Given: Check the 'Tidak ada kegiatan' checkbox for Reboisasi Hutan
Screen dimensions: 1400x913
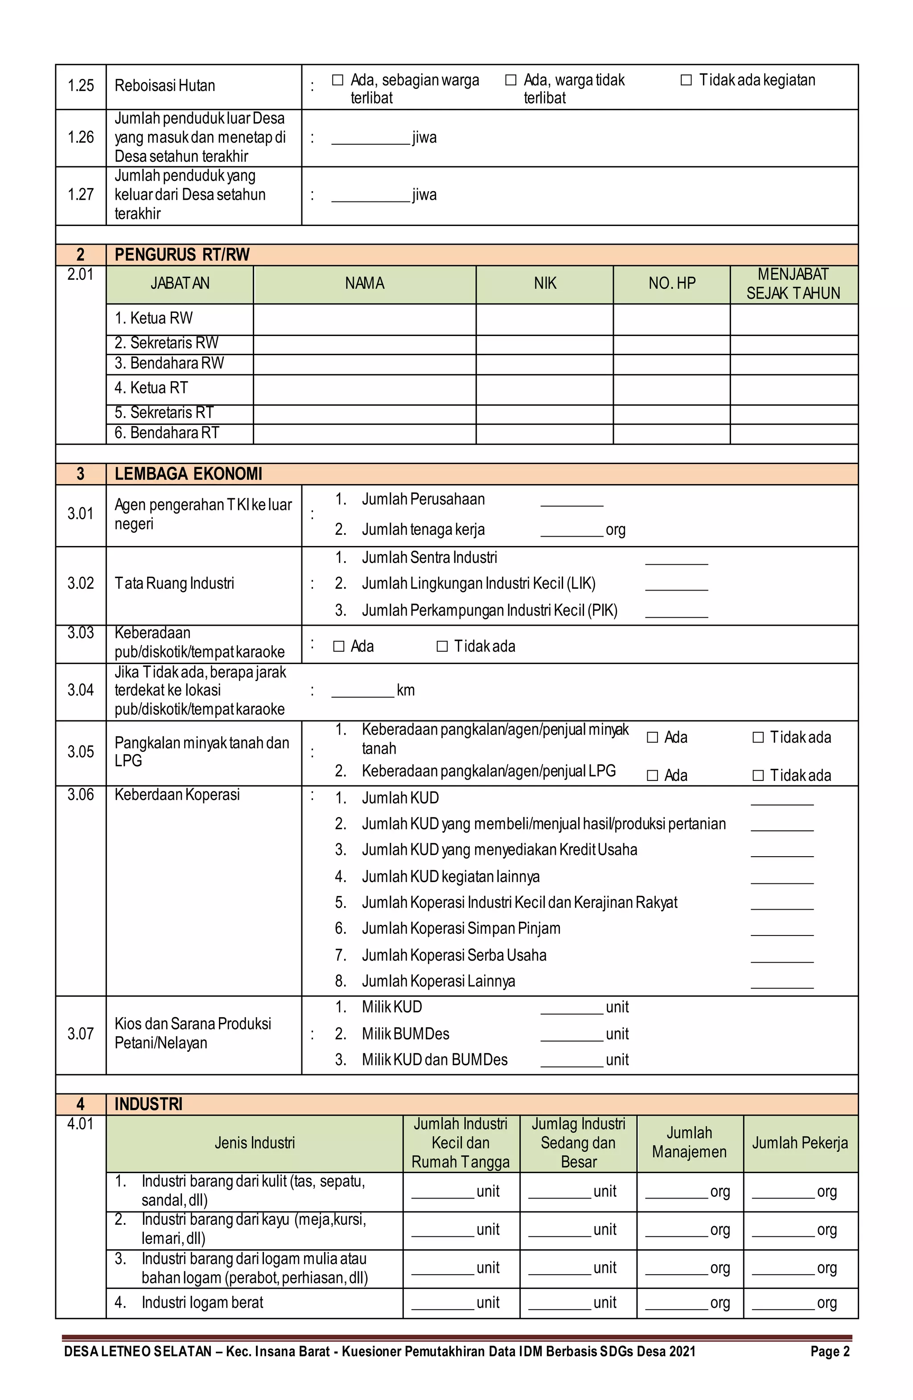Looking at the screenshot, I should pyautogui.click(x=686, y=80).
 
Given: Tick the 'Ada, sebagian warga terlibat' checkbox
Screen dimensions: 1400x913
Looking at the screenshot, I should pyautogui.click(x=337, y=80).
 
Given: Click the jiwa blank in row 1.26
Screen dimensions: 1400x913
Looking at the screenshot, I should pyautogui.click(x=370, y=139).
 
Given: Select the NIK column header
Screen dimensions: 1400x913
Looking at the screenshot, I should pyautogui.click(x=545, y=284).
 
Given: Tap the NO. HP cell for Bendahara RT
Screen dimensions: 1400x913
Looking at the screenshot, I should pyautogui.click(x=671, y=434).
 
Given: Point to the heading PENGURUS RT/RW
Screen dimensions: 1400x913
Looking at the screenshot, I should pyautogui.click(x=182, y=255).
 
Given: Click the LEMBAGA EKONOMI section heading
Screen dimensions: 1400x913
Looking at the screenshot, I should pyautogui.click(x=188, y=474).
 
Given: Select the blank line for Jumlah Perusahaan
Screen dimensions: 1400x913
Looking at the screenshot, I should pyautogui.click(x=571, y=501).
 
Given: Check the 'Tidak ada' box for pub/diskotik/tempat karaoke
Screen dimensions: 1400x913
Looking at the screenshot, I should pyautogui.click(x=442, y=646).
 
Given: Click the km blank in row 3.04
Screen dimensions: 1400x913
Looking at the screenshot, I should pyautogui.click(x=362, y=692).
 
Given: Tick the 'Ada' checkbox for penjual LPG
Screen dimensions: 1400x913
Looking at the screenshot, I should pyautogui.click(x=652, y=775).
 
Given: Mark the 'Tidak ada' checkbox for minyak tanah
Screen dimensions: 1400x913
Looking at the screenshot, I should pyautogui.click(x=758, y=737).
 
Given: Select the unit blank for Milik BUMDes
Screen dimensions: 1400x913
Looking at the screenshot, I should pyautogui.click(x=571, y=1035).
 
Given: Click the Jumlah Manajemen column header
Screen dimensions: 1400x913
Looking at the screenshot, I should pyautogui.click(x=690, y=1142).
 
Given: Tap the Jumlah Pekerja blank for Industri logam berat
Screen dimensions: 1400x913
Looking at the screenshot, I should pyautogui.click(x=783, y=1304).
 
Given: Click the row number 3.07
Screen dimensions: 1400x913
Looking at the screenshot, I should pyautogui.click(x=81, y=1034).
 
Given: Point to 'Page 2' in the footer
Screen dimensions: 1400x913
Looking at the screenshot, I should pyautogui.click(x=830, y=1352).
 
